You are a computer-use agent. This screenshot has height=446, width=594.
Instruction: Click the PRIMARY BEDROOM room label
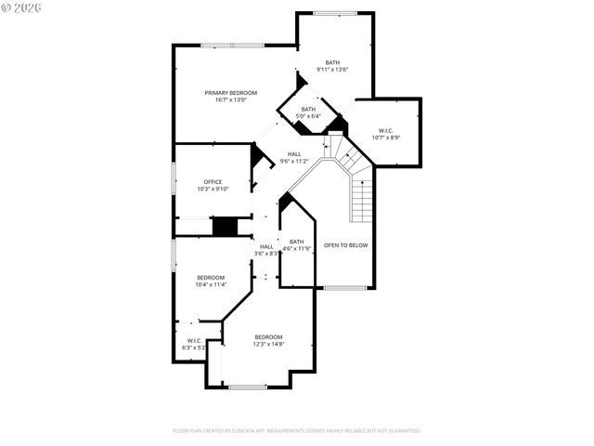point(231,93)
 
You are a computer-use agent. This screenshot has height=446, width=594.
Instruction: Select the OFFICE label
point(212,182)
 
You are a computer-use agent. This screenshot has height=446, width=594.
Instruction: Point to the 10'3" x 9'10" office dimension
point(212,189)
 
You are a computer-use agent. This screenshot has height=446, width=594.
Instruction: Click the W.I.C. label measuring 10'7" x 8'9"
point(386,130)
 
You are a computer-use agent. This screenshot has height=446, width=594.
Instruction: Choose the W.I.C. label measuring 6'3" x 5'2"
point(194,340)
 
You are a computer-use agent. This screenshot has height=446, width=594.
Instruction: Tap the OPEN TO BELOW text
point(345,245)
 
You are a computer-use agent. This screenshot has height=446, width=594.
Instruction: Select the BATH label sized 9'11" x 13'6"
point(332,62)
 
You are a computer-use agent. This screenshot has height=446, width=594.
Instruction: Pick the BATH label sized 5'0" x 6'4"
point(307,109)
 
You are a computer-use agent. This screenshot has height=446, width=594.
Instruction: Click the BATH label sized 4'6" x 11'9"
point(296,242)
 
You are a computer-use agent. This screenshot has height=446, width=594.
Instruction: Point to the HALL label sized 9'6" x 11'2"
point(293,154)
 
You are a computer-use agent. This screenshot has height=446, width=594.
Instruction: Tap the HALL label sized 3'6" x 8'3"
point(266,246)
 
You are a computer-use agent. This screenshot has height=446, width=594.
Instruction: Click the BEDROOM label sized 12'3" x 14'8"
point(268,336)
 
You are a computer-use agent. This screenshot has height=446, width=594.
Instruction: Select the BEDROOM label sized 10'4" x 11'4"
point(210,278)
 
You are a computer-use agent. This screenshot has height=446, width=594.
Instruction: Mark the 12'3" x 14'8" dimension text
point(268,344)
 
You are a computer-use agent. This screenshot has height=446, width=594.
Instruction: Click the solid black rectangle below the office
point(226,227)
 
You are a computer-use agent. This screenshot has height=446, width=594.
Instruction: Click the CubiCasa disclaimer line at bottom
point(297,431)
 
